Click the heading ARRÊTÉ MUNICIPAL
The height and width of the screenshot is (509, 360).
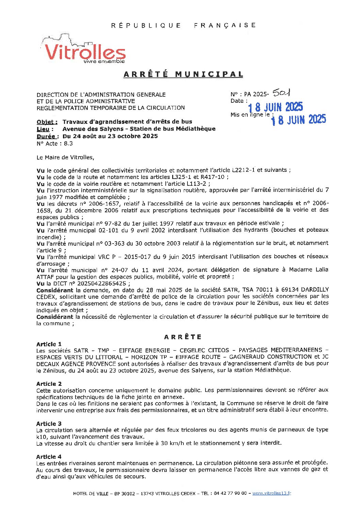click(183, 74)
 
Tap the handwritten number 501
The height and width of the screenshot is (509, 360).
click(281, 93)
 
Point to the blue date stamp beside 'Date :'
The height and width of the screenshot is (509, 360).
click(276, 107)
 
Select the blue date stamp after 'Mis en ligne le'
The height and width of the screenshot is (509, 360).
click(298, 119)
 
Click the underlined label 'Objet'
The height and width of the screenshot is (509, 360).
click(47, 122)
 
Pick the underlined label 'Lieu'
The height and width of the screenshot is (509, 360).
click(45, 129)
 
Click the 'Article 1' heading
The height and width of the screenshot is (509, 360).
click(49, 344)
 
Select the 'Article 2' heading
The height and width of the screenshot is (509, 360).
click(49, 384)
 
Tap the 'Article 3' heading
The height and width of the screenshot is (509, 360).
click(49, 424)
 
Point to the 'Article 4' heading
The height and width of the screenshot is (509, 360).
click(49, 457)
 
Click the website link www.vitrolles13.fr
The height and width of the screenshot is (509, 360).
click(272, 493)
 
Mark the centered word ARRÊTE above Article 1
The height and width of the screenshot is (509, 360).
click(183, 337)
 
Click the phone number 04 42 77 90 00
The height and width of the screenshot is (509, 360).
click(230, 493)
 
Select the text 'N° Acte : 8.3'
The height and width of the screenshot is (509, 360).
click(54, 144)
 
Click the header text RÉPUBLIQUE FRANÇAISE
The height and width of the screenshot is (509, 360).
click(183, 25)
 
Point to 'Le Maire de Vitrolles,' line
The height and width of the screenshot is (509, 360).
click(65, 157)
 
